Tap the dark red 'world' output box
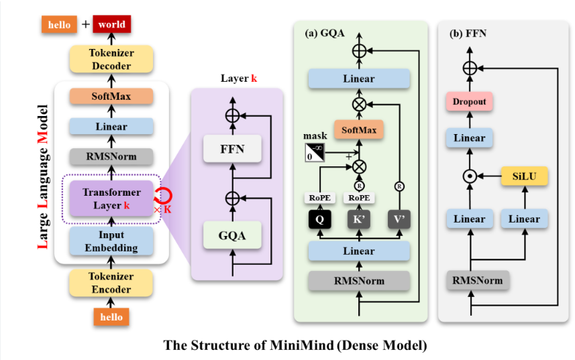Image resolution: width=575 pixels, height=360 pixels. [x=111, y=24]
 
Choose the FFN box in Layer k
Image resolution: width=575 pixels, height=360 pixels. [x=232, y=149]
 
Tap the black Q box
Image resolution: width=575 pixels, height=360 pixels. [x=321, y=218]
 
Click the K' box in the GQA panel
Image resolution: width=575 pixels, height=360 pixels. [x=360, y=218]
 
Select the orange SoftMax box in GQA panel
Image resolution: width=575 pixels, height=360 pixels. [x=358, y=127]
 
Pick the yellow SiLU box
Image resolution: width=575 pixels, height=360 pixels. [x=524, y=177]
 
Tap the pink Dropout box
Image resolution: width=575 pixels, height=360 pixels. [x=469, y=103]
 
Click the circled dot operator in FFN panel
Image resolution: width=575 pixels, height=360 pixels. [x=469, y=177]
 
